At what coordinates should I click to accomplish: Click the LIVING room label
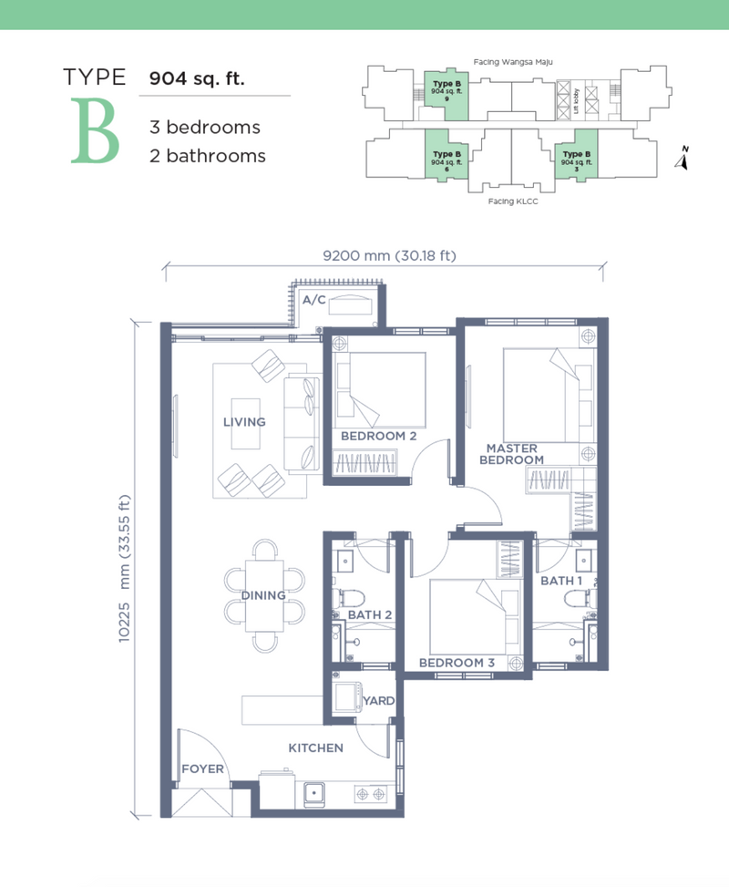244,422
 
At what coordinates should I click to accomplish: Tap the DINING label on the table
263,595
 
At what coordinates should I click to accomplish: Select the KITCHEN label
315,748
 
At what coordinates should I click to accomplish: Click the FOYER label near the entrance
202,768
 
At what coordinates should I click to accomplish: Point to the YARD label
379,701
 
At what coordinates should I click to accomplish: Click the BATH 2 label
370,615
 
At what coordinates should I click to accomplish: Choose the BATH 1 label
561,581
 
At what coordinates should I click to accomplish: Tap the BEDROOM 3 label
457,663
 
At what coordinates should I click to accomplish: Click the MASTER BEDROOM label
512,454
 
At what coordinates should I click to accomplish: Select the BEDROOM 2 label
379,436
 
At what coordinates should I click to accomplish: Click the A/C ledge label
314,300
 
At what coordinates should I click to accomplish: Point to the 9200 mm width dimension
389,255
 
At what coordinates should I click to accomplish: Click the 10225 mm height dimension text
125,569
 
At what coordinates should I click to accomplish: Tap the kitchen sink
314,794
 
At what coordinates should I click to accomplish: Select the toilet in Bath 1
580,599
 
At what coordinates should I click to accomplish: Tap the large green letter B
95,130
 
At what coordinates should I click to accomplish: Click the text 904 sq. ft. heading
197,78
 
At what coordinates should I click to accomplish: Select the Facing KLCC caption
513,201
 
